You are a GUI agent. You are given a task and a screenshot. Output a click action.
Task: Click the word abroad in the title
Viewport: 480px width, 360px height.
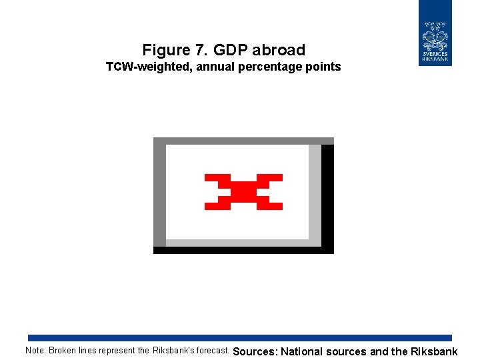pyautogui.click(x=279, y=50)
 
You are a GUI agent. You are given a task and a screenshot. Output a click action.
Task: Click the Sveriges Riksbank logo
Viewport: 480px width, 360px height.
pyautogui.click(x=435, y=33)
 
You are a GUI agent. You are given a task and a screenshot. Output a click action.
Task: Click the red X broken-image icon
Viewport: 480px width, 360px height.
pyautogui.click(x=243, y=192)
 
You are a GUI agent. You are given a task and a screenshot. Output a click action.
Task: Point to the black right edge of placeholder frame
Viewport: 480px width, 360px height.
pyautogui.click(x=327, y=197)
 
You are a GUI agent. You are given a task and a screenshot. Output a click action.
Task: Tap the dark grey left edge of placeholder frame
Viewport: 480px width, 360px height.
pyautogui.click(x=159, y=193)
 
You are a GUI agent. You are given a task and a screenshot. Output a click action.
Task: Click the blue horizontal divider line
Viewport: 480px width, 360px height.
pyautogui.click(x=240, y=338)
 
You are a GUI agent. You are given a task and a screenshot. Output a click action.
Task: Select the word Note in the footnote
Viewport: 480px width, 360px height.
pyautogui.click(x=35, y=351)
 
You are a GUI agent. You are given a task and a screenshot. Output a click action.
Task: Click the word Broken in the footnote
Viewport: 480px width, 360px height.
pyautogui.click(x=63, y=351)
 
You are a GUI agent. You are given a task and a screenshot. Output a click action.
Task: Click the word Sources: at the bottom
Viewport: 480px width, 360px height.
pyautogui.click(x=255, y=351)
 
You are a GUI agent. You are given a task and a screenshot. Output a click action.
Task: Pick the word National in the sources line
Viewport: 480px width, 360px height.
pyautogui.click(x=302, y=351)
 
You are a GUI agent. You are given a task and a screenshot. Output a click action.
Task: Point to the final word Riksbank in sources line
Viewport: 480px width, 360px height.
pyautogui.click(x=434, y=351)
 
